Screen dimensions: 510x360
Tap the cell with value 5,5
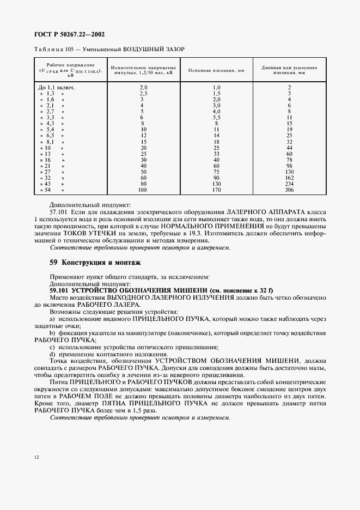point(216,117)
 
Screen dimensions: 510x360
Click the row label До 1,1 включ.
point(57,87)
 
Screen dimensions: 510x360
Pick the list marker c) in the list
point(52,347)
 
